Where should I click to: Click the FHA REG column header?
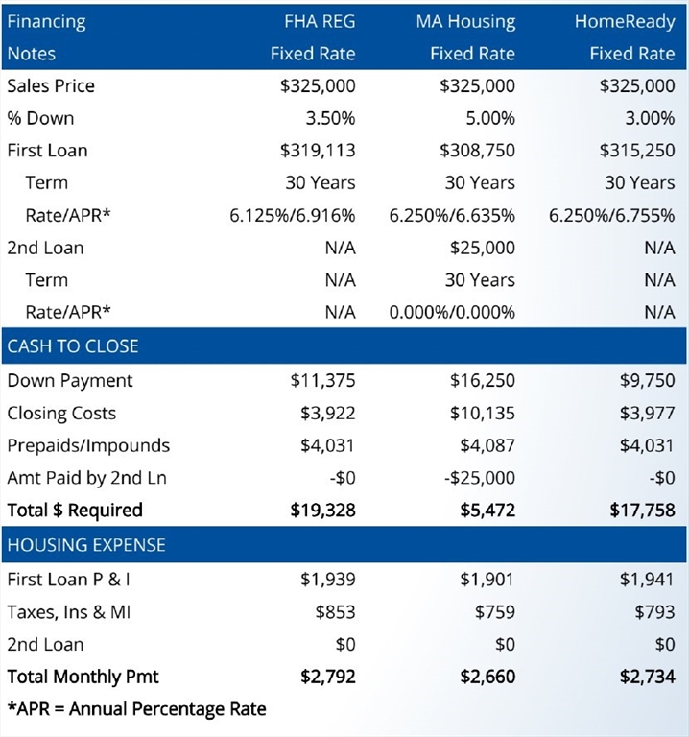pyautogui.click(x=320, y=22)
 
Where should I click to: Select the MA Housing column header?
pyautogui.click(x=465, y=22)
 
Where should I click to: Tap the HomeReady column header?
pyautogui.click(x=625, y=22)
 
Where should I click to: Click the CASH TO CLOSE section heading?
pyautogui.click(x=73, y=345)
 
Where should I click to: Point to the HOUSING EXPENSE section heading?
pyautogui.click(x=86, y=545)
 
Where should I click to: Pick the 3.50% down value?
pyautogui.click(x=330, y=118)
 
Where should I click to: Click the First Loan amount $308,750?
pyautogui.click(x=478, y=151)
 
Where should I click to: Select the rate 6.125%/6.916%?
pyautogui.click(x=293, y=215)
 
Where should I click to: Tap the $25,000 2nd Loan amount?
pyautogui.click(x=483, y=248)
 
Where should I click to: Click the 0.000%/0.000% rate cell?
pyautogui.click(x=452, y=312)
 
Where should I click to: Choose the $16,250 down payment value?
pyautogui.click(x=483, y=380)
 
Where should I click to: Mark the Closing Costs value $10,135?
pyautogui.click(x=483, y=414)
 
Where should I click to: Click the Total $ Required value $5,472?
pyautogui.click(x=487, y=510)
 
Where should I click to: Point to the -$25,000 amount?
pyautogui.click(x=480, y=478)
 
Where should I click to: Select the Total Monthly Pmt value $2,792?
pyautogui.click(x=328, y=677)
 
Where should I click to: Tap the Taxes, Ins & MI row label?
pyautogui.click(x=69, y=612)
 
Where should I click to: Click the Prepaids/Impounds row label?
pyautogui.click(x=88, y=445)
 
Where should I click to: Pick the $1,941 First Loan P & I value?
pyautogui.click(x=647, y=580)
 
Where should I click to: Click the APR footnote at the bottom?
pyautogui.click(x=137, y=709)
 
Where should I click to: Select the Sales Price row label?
pyautogui.click(x=51, y=86)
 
